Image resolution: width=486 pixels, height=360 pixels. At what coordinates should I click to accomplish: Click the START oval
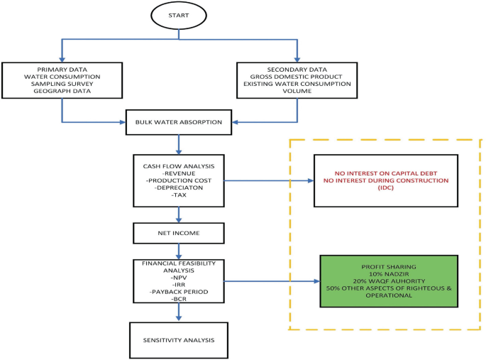point(180,16)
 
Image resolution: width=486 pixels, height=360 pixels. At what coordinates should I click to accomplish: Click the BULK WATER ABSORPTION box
point(179,122)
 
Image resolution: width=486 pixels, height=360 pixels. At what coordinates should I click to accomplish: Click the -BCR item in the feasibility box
point(178,299)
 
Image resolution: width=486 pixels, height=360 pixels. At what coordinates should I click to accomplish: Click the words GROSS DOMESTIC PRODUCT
point(297,75)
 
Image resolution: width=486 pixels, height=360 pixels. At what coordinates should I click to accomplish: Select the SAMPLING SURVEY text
point(63,84)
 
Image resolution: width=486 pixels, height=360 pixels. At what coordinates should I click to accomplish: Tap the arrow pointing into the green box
point(273,281)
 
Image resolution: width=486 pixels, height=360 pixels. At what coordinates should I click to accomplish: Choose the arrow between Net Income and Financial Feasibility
point(178,250)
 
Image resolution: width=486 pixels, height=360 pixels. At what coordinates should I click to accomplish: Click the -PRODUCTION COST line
point(178,180)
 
